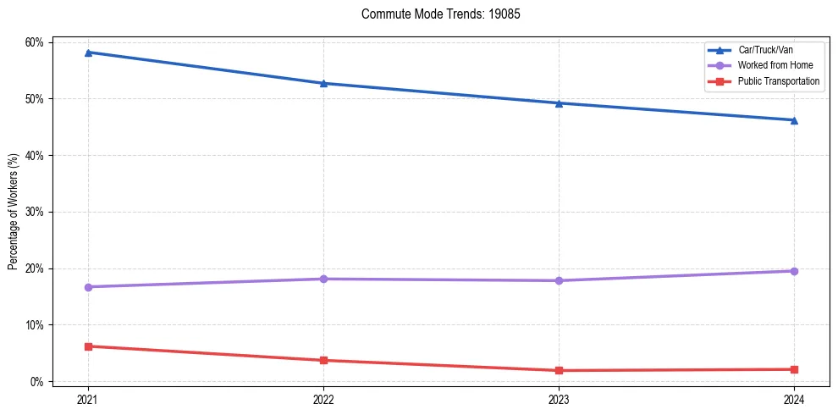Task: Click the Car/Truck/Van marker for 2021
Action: (88, 53)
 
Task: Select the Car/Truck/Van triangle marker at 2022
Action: (323, 83)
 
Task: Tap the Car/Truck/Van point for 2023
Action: (559, 103)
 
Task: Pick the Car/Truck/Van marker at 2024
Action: (794, 120)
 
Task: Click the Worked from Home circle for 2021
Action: (88, 287)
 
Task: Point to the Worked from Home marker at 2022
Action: (323, 279)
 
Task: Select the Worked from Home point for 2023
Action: (559, 280)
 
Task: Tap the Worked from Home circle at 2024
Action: (794, 271)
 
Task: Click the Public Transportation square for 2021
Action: (88, 346)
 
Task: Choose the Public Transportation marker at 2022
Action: (323, 360)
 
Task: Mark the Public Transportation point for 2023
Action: (559, 370)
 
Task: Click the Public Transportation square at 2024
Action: (794, 369)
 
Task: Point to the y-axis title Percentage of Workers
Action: (13, 211)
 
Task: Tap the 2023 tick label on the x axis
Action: (559, 399)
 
